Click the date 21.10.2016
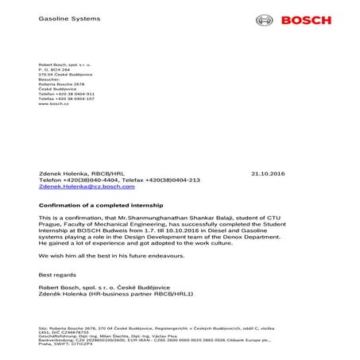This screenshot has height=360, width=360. click(273, 172)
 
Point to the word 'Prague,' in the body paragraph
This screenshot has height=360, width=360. click(50, 224)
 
